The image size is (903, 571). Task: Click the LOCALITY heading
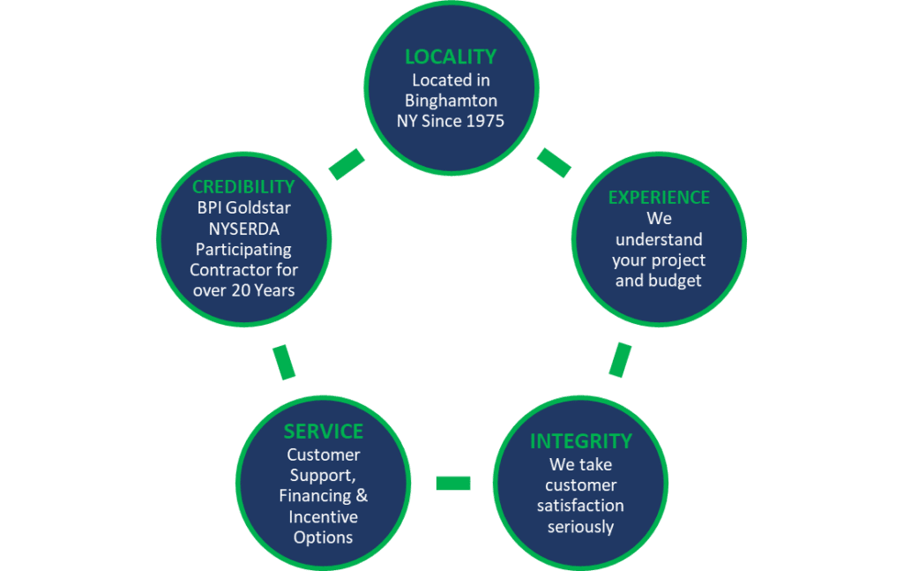coord(451,56)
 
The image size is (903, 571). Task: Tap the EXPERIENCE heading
coord(659,197)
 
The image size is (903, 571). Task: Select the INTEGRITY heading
coord(580,440)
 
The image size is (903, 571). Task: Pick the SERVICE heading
coord(324,431)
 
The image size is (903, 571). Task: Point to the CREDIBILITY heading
coord(243,187)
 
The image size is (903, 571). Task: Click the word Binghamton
coord(451,101)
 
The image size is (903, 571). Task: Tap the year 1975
coord(483,121)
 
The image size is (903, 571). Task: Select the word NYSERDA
coord(243,229)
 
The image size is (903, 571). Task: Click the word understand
coord(659,239)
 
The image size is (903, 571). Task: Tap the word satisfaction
coord(580,506)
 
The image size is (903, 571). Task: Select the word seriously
coord(580,527)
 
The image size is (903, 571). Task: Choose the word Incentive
coord(324,516)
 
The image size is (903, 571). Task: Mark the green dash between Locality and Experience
coord(554,162)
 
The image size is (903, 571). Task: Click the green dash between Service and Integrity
coord(452,483)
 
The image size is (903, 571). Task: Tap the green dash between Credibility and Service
coord(284,363)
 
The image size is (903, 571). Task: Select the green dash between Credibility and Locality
coord(347,164)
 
